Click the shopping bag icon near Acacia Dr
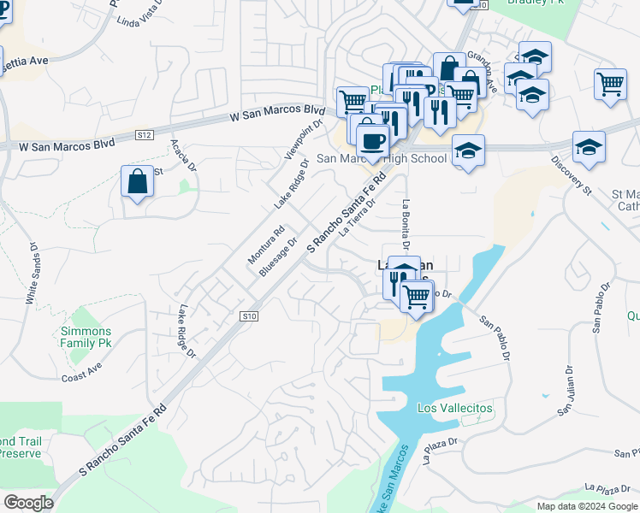coord(138,182)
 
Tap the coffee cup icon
coord(372,139)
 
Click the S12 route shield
coord(144,135)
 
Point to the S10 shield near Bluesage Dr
coord(248,316)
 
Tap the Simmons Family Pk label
coord(85,338)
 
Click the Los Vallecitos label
coord(454,408)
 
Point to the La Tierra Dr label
coord(357,217)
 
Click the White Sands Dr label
coord(32,274)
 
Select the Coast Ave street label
coord(81,372)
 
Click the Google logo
coord(28,503)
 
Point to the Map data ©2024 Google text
coord(588,506)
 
